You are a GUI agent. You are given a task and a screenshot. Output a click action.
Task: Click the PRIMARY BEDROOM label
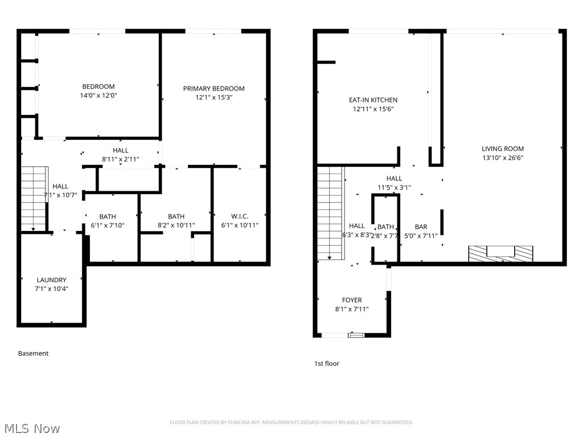pyautogui.click(x=214, y=88)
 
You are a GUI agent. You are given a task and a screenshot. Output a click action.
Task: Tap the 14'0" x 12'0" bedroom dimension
pyautogui.click(x=98, y=96)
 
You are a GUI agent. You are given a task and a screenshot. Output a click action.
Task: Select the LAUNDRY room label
pyautogui.click(x=51, y=280)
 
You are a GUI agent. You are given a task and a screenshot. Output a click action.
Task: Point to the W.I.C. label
pyautogui.click(x=239, y=216)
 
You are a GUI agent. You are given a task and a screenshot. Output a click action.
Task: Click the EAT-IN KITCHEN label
pyautogui.click(x=373, y=100)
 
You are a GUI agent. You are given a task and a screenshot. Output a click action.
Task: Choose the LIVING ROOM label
pyautogui.click(x=502, y=149)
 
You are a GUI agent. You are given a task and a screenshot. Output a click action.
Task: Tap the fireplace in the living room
pyautogui.click(x=500, y=254)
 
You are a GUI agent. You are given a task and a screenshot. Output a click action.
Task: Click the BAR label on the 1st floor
pyautogui.click(x=421, y=227)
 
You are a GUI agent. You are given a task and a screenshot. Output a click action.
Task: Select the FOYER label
pyautogui.click(x=351, y=300)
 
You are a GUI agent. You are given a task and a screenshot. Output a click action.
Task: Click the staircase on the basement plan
pyautogui.click(x=33, y=198)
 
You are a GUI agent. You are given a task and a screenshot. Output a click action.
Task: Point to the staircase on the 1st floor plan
pyautogui.click(x=330, y=213)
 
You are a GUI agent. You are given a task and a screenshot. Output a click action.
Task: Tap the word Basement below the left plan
pyautogui.click(x=33, y=353)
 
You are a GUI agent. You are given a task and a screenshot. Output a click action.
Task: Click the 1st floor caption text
pyautogui.click(x=326, y=364)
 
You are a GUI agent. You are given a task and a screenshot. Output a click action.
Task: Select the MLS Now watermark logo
pyautogui.click(x=31, y=428)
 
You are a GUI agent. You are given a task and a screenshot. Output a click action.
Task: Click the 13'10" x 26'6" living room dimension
pyautogui.click(x=502, y=158)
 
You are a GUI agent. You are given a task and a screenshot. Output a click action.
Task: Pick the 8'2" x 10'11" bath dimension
pyautogui.click(x=176, y=225)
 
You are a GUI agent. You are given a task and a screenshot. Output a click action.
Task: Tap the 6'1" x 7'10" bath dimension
pyautogui.click(x=108, y=225)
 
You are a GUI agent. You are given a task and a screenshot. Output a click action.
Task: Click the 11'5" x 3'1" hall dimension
pyautogui.click(x=393, y=187)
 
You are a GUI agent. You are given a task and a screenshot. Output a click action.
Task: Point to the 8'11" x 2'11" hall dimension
pyautogui.click(x=120, y=159)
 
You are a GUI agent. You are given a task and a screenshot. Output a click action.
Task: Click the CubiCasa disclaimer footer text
pyautogui.click(x=291, y=422)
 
